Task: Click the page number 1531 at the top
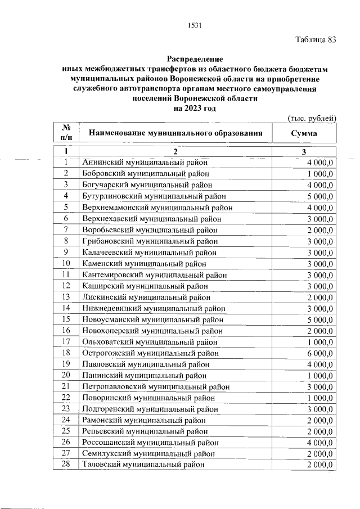(x=195, y=25)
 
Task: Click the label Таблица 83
(x=316, y=39)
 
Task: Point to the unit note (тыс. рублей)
(x=312, y=118)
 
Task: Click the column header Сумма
(x=304, y=134)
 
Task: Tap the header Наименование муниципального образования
(x=175, y=134)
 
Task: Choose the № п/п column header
(x=66, y=134)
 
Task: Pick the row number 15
(x=66, y=319)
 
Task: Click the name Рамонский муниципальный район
(x=143, y=420)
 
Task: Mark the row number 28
(x=66, y=464)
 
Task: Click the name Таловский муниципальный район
(x=142, y=464)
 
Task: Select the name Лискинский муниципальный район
(x=145, y=297)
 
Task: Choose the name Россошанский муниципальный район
(x=150, y=442)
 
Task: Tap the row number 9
(x=66, y=252)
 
